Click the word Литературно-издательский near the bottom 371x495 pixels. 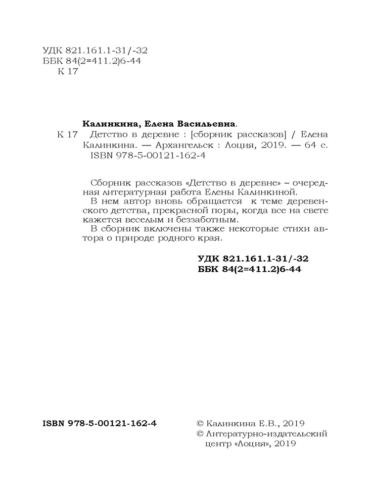click(267, 434)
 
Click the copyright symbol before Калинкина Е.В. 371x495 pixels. click(200, 424)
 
